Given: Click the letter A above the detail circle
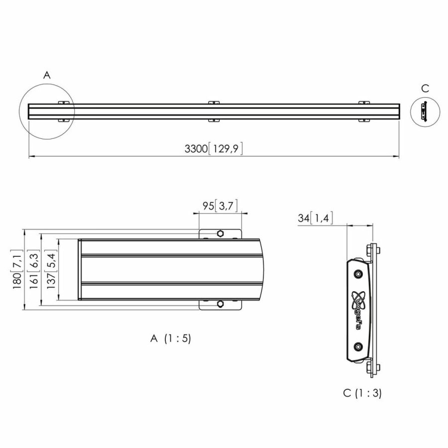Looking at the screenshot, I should click(47, 75).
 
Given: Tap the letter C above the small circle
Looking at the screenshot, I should click(425, 89).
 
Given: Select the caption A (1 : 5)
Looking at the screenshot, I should click(171, 338).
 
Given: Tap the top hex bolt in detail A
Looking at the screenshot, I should click(221, 233).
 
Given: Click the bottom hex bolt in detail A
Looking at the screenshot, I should click(221, 305).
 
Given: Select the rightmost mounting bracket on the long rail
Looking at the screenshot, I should click(365, 111).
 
